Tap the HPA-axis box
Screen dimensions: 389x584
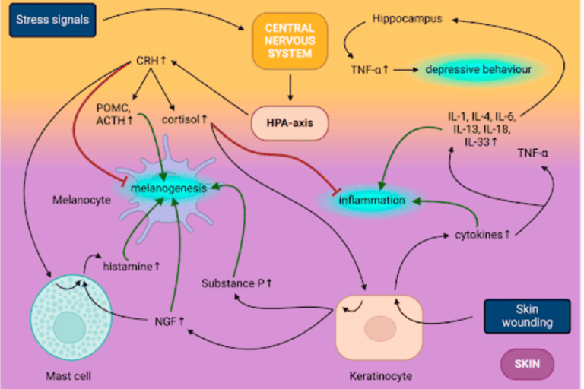click(x=288, y=122)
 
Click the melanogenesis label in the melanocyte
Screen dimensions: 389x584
click(x=163, y=185)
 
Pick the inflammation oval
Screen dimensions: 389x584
click(x=372, y=201)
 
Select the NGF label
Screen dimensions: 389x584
click(x=170, y=321)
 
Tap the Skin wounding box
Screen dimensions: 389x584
click(x=526, y=315)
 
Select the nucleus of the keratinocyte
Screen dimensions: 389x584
click(x=378, y=330)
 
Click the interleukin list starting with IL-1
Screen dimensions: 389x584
click(x=481, y=128)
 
